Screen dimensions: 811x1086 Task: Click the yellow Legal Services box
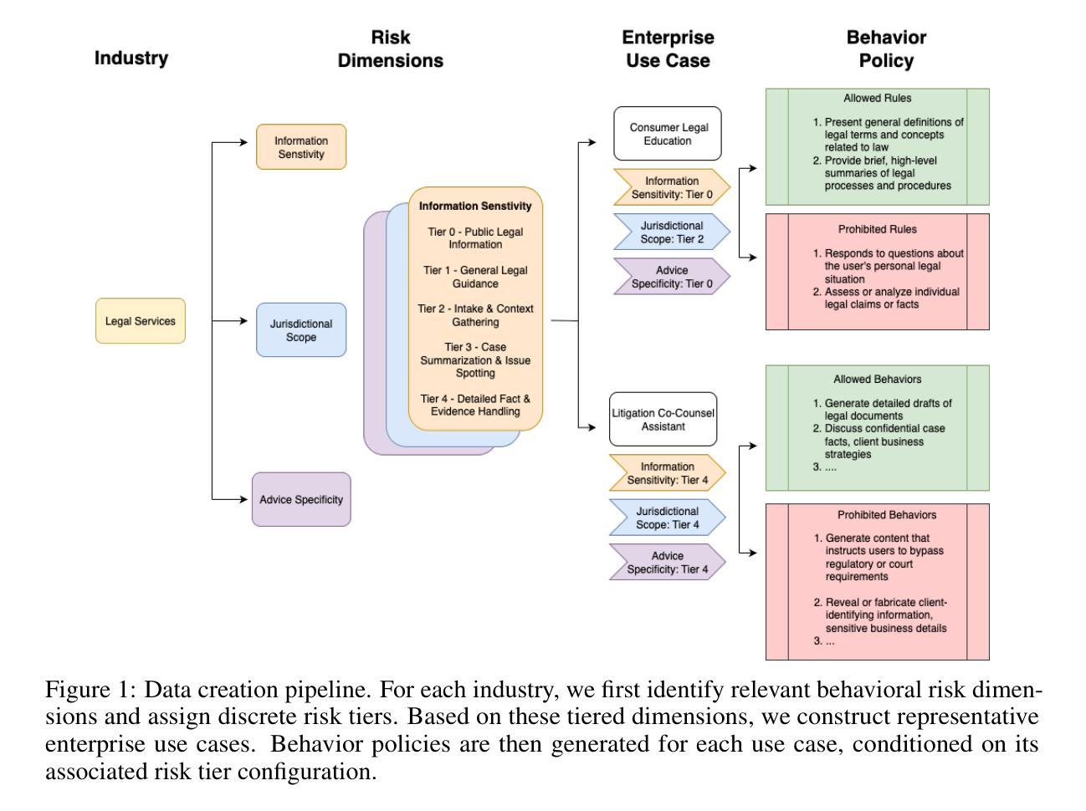click(x=140, y=321)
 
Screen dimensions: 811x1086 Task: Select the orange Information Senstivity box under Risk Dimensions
click(x=301, y=147)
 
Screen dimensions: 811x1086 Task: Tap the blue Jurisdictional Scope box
click(x=301, y=330)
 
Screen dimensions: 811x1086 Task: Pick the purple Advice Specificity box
click(x=301, y=499)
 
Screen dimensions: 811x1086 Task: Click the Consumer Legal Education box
click(x=668, y=134)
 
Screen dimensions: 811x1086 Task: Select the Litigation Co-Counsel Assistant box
click(x=663, y=420)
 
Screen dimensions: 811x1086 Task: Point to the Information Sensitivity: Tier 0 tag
click(x=671, y=187)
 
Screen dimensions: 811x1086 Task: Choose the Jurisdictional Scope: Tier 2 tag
click(x=671, y=232)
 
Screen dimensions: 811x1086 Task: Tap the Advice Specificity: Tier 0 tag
click(x=671, y=277)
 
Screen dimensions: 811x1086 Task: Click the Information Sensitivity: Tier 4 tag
click(x=667, y=473)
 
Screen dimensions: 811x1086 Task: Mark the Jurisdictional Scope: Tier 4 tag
click(x=667, y=518)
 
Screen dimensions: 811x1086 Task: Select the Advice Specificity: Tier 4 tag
click(x=667, y=562)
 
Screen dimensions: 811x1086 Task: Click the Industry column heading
click(x=131, y=59)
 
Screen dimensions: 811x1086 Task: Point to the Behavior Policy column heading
click(x=886, y=49)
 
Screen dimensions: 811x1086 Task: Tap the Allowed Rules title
click(x=877, y=99)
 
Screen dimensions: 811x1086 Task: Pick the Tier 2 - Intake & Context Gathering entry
click(x=475, y=315)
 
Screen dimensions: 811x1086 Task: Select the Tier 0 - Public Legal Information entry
click(x=475, y=238)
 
